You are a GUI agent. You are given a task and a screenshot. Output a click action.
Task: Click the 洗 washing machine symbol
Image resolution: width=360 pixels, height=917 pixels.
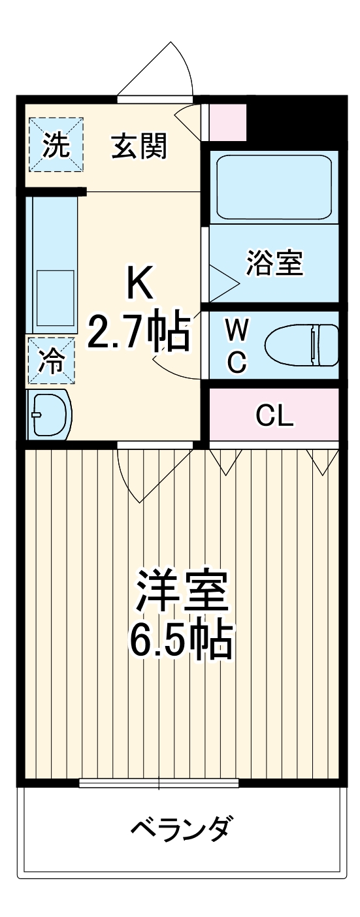click(x=56, y=145)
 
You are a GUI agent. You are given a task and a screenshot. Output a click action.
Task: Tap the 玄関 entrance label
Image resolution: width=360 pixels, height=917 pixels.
click(x=139, y=146)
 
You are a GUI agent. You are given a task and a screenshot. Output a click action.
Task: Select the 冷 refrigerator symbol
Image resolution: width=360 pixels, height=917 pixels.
click(x=51, y=360)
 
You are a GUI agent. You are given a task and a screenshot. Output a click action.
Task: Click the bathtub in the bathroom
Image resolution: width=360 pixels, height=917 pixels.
click(x=273, y=187)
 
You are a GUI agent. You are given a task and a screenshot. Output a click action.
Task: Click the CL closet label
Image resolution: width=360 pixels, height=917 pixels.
click(x=274, y=415)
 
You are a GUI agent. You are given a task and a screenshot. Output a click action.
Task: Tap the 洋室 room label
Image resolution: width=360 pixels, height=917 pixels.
click(x=181, y=590)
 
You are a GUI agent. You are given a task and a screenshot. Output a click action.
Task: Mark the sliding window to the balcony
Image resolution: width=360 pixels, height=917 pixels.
click(x=159, y=782)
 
